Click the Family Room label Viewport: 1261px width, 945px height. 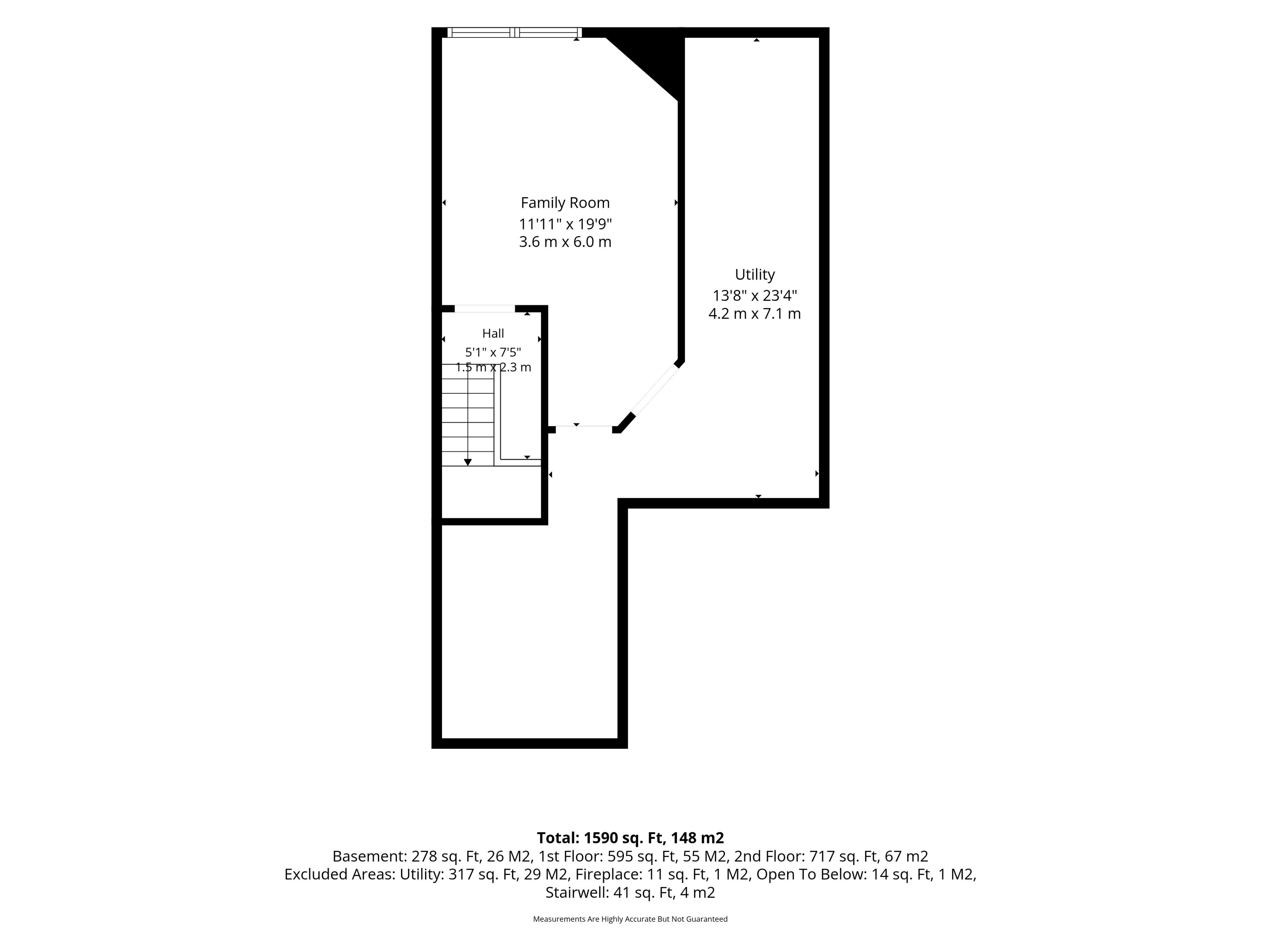point(565,203)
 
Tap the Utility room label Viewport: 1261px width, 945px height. point(755,275)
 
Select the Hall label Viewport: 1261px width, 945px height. point(493,333)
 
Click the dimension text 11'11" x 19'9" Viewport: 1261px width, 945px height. point(565,223)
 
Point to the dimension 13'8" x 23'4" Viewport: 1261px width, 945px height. point(755,296)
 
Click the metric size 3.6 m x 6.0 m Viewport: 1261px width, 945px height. point(565,242)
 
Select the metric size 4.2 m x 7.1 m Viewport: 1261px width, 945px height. point(755,314)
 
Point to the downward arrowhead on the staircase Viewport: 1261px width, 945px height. point(468,462)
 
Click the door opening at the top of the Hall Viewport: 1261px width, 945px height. point(485,309)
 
